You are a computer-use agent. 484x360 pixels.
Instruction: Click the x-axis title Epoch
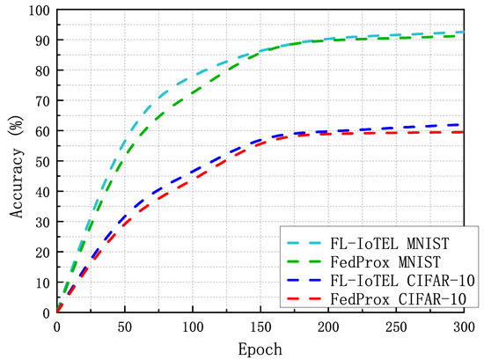tap(261, 349)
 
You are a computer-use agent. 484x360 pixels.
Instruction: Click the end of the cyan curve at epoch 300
tap(464, 32)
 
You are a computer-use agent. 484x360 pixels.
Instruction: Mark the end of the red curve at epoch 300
tap(464, 132)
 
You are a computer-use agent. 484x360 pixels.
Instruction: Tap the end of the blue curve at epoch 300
tap(464, 124)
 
